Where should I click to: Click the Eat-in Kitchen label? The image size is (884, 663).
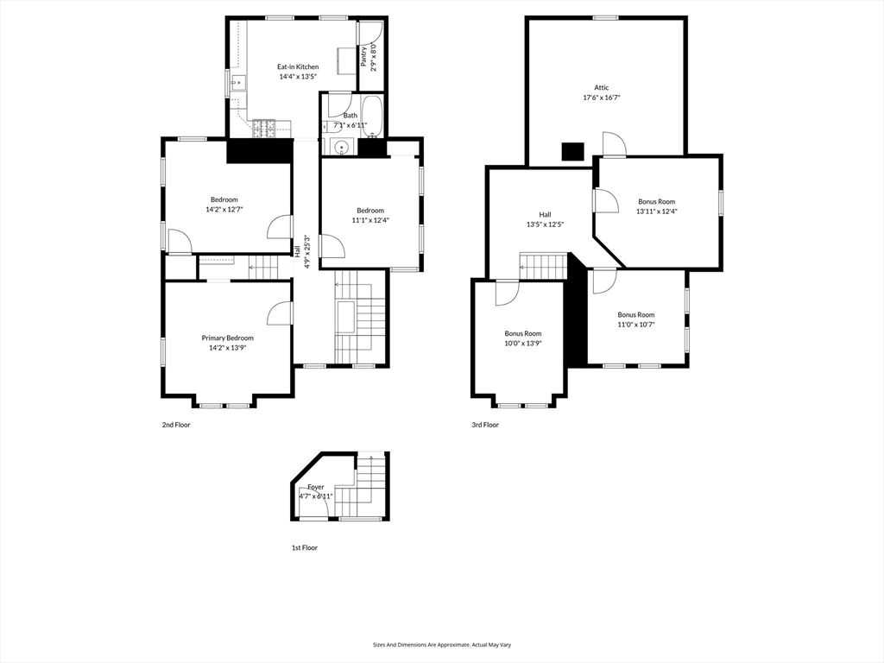click(x=298, y=66)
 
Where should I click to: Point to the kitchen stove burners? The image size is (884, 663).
click(x=264, y=129)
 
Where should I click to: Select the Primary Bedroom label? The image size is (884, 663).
click(x=228, y=338)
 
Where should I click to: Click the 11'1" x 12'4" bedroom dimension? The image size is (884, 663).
click(x=370, y=220)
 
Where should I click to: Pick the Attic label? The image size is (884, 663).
click(x=601, y=87)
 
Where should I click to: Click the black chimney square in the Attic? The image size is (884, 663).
click(x=572, y=152)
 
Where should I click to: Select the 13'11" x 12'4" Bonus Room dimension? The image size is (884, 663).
click(x=656, y=212)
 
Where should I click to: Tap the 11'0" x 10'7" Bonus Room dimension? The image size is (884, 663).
click(x=635, y=325)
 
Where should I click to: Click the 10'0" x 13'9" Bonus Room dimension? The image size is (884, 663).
click(x=523, y=344)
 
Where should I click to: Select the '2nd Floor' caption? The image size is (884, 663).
click(x=176, y=425)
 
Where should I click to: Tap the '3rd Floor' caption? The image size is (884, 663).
click(x=485, y=425)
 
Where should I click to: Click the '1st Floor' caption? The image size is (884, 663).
click(x=304, y=547)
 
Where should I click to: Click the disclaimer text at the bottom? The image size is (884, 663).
click(x=441, y=644)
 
